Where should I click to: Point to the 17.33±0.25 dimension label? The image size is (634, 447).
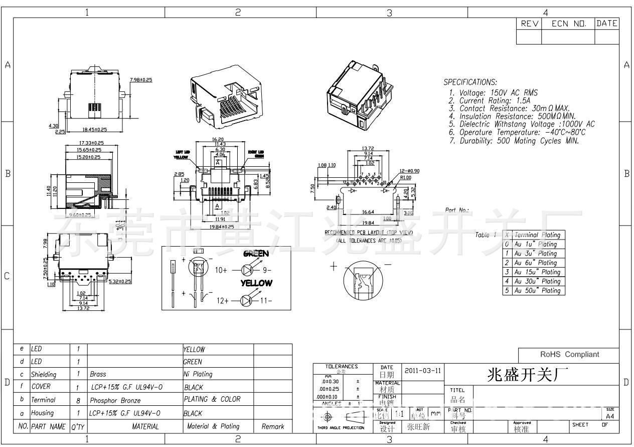[91, 143]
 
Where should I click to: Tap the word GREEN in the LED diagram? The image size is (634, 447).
[256, 254]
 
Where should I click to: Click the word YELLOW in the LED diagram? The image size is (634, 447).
[256, 283]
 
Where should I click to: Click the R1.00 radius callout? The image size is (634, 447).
[406, 177]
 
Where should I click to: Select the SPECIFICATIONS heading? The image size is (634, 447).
[470, 82]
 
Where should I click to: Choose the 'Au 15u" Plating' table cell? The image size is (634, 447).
[537, 272]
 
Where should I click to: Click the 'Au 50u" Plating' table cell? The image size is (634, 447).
[537, 290]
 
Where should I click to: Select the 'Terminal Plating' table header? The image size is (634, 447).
[537, 235]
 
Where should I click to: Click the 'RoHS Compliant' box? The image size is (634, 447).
[569, 354]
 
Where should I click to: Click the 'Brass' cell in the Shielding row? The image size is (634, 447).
[98, 374]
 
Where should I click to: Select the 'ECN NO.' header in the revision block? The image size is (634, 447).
[568, 24]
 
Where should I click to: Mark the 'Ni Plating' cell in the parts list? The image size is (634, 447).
[198, 374]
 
